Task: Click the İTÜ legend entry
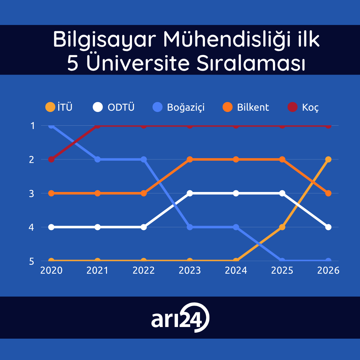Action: tap(59, 107)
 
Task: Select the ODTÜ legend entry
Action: tap(114, 107)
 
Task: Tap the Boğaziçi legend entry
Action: tap(179, 107)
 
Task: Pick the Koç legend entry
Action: tap(303, 107)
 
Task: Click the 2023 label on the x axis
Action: tap(190, 270)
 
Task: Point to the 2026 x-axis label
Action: tap(328, 270)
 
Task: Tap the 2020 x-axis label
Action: tap(51, 270)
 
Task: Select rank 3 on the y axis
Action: tap(32, 194)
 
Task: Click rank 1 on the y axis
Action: tap(32, 126)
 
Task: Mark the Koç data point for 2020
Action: tap(51, 159)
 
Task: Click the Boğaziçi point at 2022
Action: tap(143, 159)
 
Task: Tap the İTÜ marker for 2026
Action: tap(328, 159)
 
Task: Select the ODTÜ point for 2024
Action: tap(236, 193)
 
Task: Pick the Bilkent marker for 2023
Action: tap(190, 159)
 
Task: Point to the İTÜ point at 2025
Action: tap(282, 227)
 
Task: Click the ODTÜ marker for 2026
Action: tap(328, 227)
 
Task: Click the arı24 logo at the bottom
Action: tap(180, 318)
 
